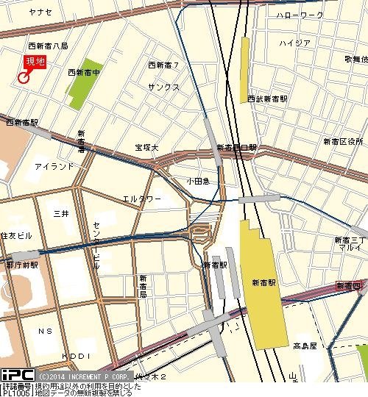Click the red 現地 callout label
[35, 62]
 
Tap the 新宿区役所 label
[343, 140]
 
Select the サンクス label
[163, 86]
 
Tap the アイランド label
[54, 167]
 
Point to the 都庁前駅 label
[21, 264]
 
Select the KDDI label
[76, 355]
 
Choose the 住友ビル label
[16, 235]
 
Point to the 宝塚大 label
[146, 147]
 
